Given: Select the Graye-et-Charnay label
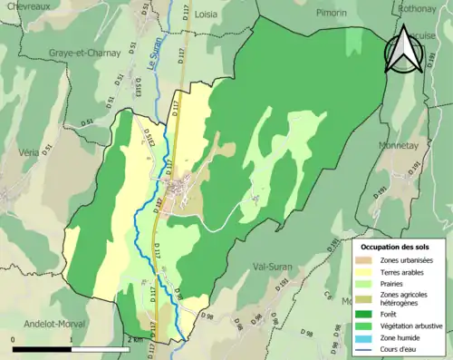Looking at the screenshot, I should point(85,53).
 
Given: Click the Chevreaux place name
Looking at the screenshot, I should point(28,5).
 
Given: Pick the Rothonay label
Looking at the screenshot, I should point(418,8).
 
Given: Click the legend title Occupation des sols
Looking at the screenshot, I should point(396,247).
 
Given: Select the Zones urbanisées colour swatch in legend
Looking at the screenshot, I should point(367,259).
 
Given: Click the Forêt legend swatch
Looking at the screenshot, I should point(367,315).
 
